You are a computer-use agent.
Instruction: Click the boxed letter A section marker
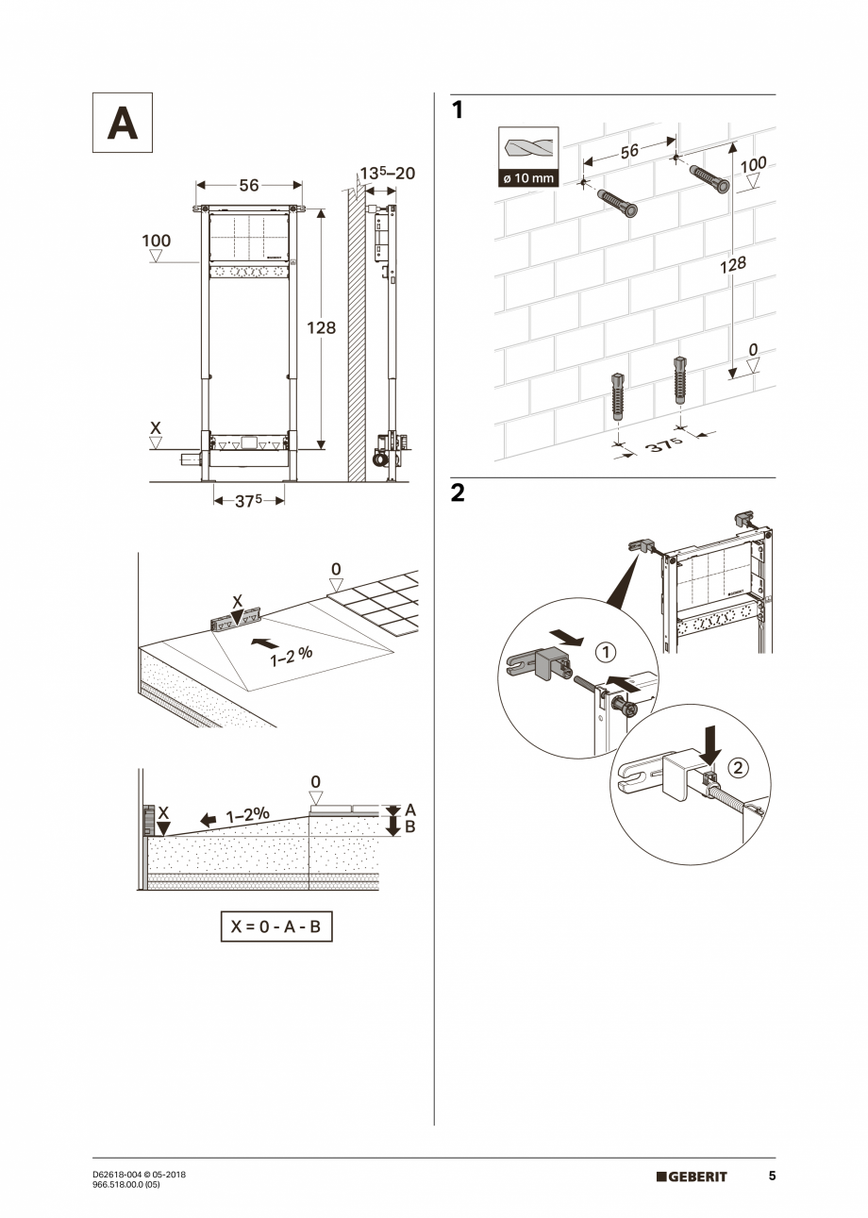(x=122, y=123)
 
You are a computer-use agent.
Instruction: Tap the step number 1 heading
(x=458, y=111)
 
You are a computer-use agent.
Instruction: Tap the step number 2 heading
(x=458, y=493)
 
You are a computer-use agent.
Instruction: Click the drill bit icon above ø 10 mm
(x=527, y=148)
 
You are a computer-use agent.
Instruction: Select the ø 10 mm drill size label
(x=527, y=178)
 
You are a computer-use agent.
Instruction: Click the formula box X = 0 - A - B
(x=276, y=926)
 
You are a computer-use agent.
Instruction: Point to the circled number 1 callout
(x=606, y=652)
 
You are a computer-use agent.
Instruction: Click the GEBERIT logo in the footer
(x=692, y=1176)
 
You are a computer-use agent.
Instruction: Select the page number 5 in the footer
(x=772, y=1176)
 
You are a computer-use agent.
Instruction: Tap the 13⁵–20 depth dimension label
(x=387, y=175)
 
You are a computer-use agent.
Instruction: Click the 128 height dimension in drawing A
(x=322, y=327)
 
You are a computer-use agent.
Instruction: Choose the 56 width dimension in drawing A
(x=248, y=186)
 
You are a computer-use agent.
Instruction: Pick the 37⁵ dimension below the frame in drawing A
(x=248, y=501)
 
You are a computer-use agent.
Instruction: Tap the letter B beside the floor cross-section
(x=410, y=827)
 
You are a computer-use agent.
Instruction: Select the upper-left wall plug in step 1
(x=616, y=202)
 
